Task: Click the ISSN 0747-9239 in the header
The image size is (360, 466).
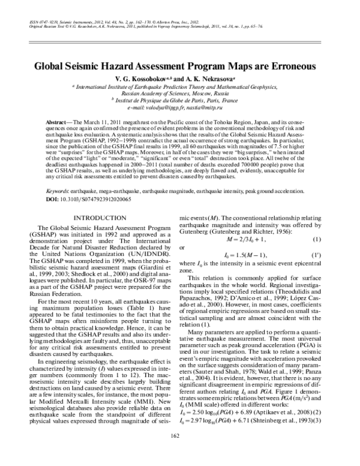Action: click(x=46, y=20)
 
